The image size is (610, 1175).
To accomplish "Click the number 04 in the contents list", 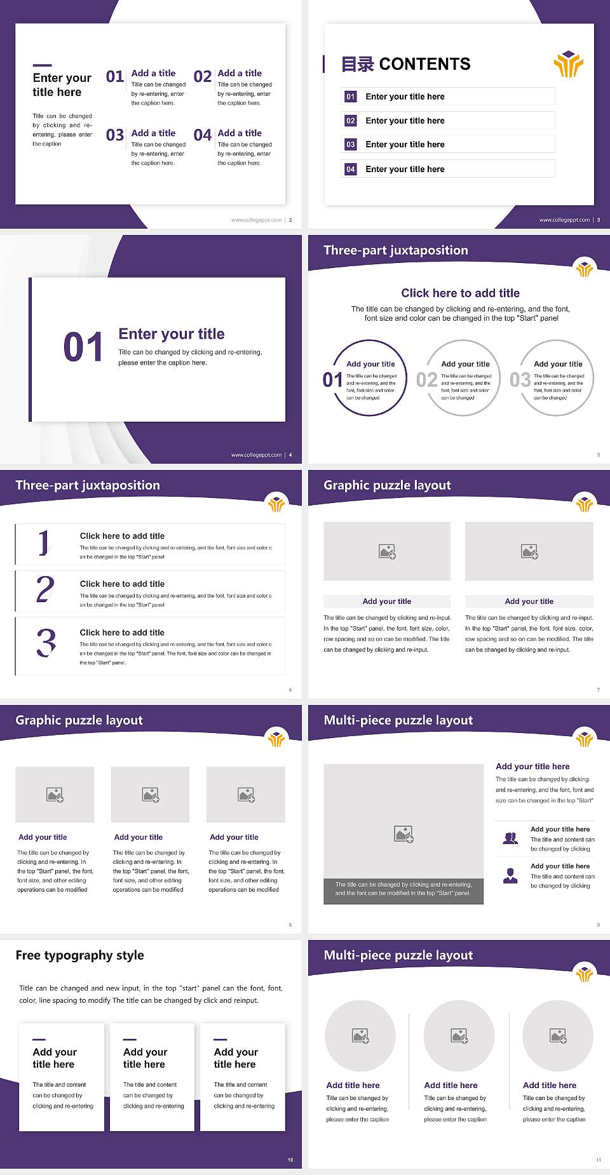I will pyautogui.click(x=350, y=169).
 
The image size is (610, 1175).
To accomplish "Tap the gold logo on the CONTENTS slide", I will pyautogui.click(x=568, y=64).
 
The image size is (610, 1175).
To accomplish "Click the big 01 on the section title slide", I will pyautogui.click(x=83, y=347).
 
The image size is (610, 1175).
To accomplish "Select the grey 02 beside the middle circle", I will pyautogui.click(x=426, y=380).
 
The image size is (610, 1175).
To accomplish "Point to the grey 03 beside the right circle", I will pyautogui.click(x=520, y=380).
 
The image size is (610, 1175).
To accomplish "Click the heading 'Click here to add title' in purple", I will pyautogui.click(x=460, y=293).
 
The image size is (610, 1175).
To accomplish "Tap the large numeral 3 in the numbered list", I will pyautogui.click(x=46, y=643).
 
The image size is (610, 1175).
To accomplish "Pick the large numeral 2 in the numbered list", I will pyautogui.click(x=45, y=589).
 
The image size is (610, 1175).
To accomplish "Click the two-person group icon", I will pyautogui.click(x=510, y=838).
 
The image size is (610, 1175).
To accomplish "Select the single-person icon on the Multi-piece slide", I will pyautogui.click(x=510, y=876).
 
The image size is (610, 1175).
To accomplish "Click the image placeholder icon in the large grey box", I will pyautogui.click(x=403, y=834).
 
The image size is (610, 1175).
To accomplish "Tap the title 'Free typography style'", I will pyautogui.click(x=79, y=955).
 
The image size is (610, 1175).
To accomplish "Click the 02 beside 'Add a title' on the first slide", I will pyautogui.click(x=203, y=77).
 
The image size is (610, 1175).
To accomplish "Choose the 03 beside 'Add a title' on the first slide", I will pyautogui.click(x=115, y=135).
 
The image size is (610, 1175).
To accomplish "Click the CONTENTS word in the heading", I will pyautogui.click(x=424, y=64).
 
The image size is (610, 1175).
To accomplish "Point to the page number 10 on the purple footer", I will pyautogui.click(x=290, y=1160).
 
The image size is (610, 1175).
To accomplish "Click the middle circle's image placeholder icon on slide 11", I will pyautogui.click(x=459, y=1036).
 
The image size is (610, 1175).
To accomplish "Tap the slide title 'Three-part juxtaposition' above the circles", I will pyautogui.click(x=395, y=250).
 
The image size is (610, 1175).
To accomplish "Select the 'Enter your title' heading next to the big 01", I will pyautogui.click(x=172, y=334).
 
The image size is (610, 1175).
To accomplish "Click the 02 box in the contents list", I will pyautogui.click(x=350, y=121).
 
